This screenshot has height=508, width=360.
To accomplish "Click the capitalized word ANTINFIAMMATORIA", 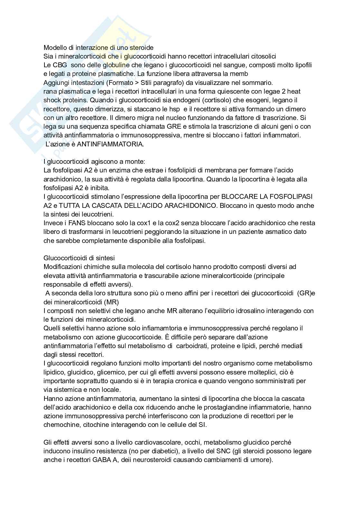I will (x=110, y=144).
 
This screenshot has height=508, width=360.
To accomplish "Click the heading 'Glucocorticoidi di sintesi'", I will (x=79, y=258).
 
